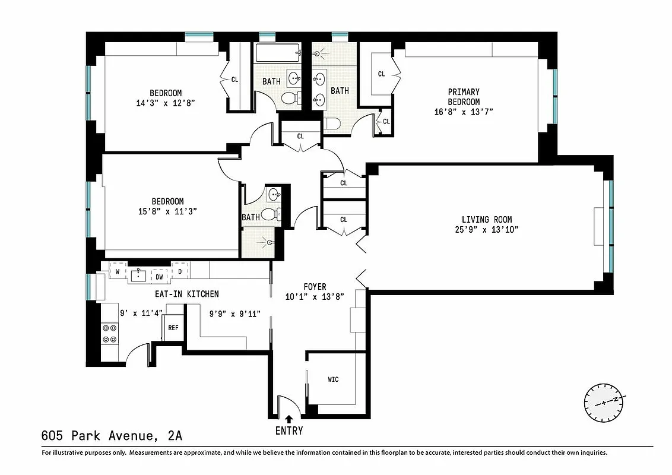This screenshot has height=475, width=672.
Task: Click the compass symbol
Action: [604, 402]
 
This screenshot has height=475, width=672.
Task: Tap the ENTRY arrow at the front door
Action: [289, 419]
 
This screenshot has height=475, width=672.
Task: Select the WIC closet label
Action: [333, 379]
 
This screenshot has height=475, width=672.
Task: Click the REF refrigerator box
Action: [173, 327]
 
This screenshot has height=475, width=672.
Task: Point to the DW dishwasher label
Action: [159, 276]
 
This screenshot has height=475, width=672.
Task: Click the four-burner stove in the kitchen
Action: [109, 333]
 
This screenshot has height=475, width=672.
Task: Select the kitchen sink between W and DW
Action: [139, 275]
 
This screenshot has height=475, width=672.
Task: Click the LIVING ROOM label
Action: [487, 219]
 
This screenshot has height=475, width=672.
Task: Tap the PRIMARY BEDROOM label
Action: [464, 97]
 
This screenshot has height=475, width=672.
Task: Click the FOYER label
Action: [315, 287]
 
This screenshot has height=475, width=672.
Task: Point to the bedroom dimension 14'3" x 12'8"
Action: [166, 103]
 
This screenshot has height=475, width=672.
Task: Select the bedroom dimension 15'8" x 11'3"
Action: [166, 211]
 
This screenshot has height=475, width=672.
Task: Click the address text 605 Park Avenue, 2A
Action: [112, 436]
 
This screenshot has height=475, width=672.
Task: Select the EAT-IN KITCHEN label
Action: [183, 294]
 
